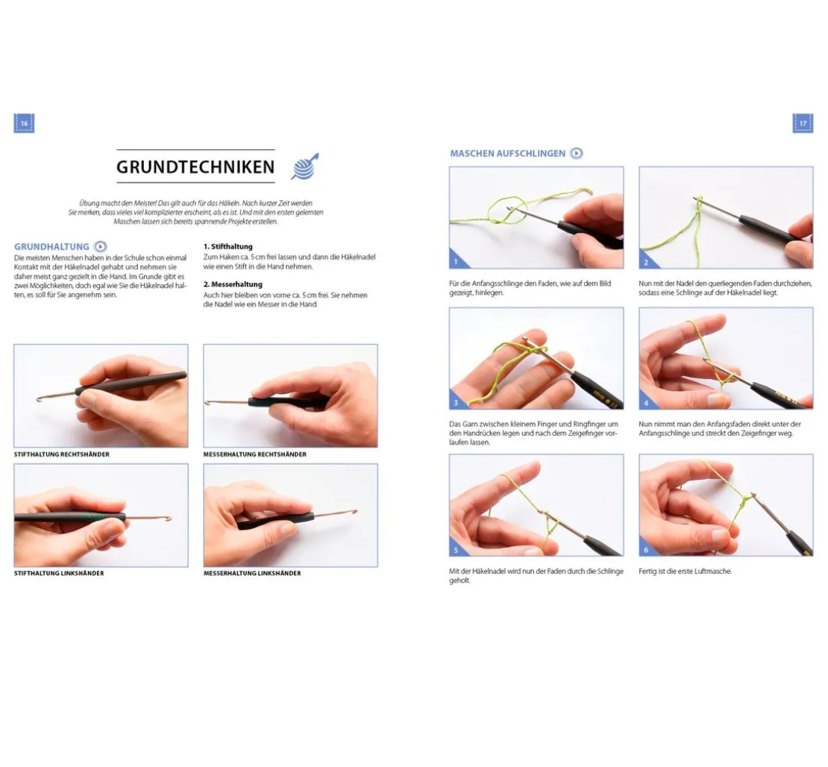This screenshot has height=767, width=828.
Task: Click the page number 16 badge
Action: click(x=24, y=123)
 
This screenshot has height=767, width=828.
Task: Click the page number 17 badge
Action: click(x=803, y=123)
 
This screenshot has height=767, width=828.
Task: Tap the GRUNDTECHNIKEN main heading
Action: click(x=195, y=167)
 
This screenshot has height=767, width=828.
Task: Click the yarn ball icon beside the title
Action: click(x=305, y=167)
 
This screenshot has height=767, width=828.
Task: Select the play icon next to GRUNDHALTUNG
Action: click(x=101, y=246)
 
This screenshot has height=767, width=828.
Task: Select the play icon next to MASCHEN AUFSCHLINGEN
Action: click(x=577, y=153)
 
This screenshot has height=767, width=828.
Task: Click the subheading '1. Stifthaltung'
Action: click(x=228, y=247)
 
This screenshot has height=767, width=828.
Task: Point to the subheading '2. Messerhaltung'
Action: click(x=233, y=284)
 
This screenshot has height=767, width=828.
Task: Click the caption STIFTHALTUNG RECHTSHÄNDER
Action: click(x=62, y=454)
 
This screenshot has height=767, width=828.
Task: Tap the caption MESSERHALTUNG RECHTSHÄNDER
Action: click(x=255, y=454)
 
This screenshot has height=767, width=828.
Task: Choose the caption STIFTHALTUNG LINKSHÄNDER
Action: click(x=59, y=573)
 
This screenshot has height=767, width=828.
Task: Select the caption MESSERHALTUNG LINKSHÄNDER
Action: click(x=252, y=573)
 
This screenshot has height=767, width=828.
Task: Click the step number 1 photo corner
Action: click(x=456, y=261)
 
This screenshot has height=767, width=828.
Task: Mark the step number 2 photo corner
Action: click(x=646, y=261)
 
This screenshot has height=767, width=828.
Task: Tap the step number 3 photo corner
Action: click(x=456, y=402)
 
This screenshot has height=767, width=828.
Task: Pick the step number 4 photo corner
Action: click(x=646, y=402)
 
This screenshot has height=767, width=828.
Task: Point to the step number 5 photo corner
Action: click(x=456, y=549)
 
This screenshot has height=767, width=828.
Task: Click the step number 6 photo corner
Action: click(x=646, y=549)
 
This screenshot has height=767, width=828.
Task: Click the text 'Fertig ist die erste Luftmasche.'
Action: click(x=685, y=571)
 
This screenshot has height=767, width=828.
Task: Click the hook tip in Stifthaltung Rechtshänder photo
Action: click(x=38, y=399)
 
